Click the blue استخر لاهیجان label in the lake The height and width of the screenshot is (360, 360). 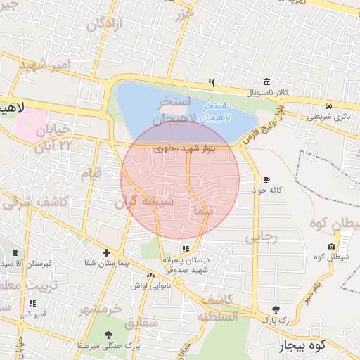click(x=217, y=112)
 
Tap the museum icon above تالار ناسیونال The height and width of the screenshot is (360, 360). click(x=266, y=82)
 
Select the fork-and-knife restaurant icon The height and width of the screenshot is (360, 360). click(x=210, y=84)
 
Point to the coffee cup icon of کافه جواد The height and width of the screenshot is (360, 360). click(x=266, y=179)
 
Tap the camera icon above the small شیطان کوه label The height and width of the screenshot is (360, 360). click(x=331, y=246)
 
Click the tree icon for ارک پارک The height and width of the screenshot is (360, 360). click(x=275, y=309)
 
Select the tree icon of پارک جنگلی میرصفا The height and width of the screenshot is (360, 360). click(x=108, y=335)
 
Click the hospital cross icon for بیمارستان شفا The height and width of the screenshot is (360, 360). click(x=106, y=252)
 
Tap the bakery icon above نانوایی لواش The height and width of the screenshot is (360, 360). click(x=150, y=275)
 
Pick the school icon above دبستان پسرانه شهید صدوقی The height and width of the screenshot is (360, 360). click(x=185, y=248)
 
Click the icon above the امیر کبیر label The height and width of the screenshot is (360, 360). click(x=32, y=303)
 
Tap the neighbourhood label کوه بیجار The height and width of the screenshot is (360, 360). click(x=304, y=346)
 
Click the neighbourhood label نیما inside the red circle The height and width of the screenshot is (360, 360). click(x=205, y=210)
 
